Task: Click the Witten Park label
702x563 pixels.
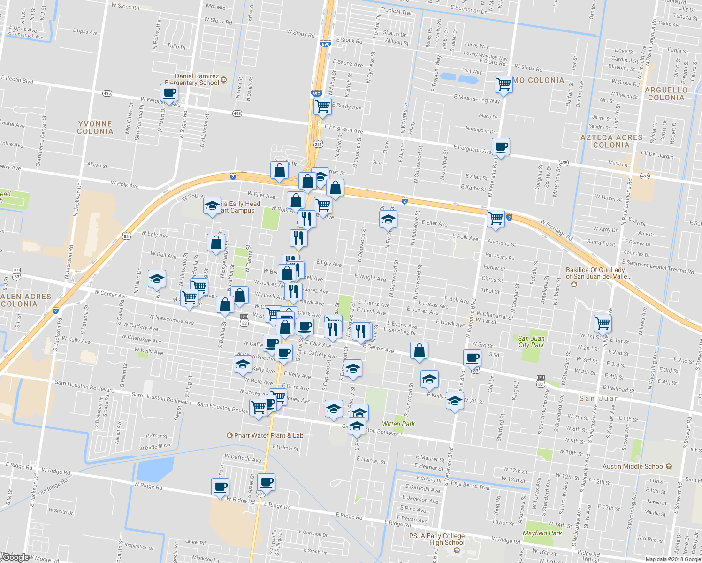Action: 398,424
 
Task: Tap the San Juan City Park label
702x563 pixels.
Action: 531,342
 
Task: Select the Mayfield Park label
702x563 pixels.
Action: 542,533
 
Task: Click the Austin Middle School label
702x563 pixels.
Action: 633,466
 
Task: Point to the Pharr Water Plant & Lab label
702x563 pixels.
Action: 268,435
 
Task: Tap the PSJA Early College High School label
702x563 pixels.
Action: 437,539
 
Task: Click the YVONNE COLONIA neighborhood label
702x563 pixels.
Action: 95,128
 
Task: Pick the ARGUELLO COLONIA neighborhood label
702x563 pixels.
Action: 666,94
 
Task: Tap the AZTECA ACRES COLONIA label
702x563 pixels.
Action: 611,141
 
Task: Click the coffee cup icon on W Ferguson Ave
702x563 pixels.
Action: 169,93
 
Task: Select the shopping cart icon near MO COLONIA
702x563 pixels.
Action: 503,84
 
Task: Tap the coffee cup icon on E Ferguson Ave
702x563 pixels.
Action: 501,146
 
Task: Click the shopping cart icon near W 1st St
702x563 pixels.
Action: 603,323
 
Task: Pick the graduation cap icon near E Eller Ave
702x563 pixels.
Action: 388,219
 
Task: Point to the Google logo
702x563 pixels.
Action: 15,557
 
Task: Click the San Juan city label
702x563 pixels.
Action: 599,398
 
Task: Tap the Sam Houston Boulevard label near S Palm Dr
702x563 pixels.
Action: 84,386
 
